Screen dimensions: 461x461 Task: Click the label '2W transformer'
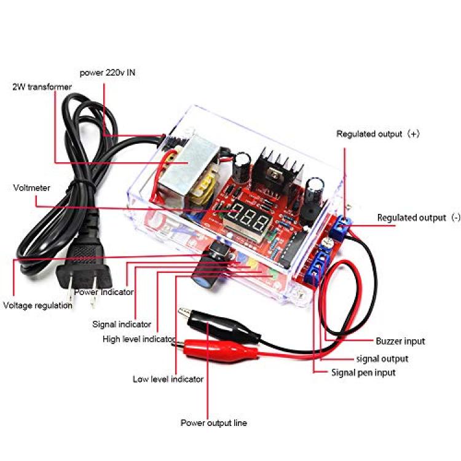point(42,87)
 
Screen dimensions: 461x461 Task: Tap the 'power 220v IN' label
point(108,73)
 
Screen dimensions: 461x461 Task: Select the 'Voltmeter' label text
point(32,188)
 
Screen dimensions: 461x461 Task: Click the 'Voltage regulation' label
point(37,305)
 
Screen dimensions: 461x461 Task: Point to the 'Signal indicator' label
point(122,325)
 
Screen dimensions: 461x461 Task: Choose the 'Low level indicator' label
point(168,379)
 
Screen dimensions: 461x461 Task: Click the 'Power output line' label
point(214,423)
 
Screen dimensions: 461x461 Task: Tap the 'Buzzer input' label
point(400,341)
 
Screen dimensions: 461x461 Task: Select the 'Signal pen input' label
point(363,373)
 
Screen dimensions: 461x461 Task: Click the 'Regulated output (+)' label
point(378,134)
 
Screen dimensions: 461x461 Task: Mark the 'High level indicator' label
point(140,339)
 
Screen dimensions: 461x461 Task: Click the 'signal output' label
point(382,359)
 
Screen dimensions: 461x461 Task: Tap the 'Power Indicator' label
point(104,292)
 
